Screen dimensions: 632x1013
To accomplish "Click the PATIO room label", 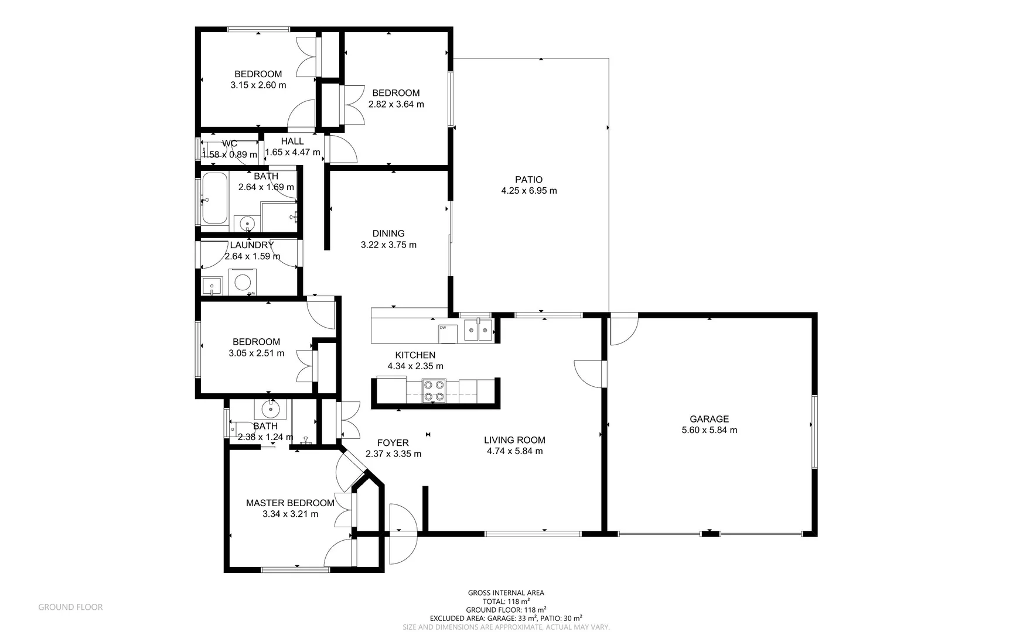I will click(528, 180).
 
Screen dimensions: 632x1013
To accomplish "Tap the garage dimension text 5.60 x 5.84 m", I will click(709, 430).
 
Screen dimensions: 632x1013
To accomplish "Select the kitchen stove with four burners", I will click(434, 390).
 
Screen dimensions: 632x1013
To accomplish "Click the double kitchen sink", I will click(478, 330).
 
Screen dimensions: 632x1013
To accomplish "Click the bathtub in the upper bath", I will click(215, 198).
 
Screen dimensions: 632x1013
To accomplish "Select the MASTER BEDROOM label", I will click(290, 503).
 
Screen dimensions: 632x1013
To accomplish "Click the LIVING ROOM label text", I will click(514, 440).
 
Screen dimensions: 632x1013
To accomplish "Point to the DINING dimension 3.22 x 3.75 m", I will click(388, 245).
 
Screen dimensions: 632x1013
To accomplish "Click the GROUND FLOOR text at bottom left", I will click(70, 607).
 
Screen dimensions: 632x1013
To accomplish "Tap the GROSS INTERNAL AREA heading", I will click(506, 593).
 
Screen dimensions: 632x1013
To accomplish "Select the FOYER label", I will click(393, 443).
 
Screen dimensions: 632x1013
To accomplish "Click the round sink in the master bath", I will click(270, 408).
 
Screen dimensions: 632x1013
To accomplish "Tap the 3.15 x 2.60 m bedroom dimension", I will click(258, 85).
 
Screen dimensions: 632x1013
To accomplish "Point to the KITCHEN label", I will click(415, 355).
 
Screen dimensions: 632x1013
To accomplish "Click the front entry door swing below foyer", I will click(402, 534).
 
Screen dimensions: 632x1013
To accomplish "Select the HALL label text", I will click(292, 141).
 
